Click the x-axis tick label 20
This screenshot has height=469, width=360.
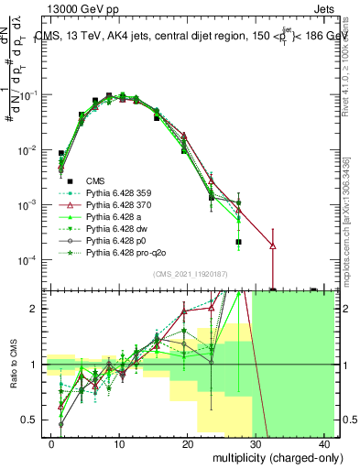pos(187,443)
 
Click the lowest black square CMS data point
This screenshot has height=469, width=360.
pos(238,242)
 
